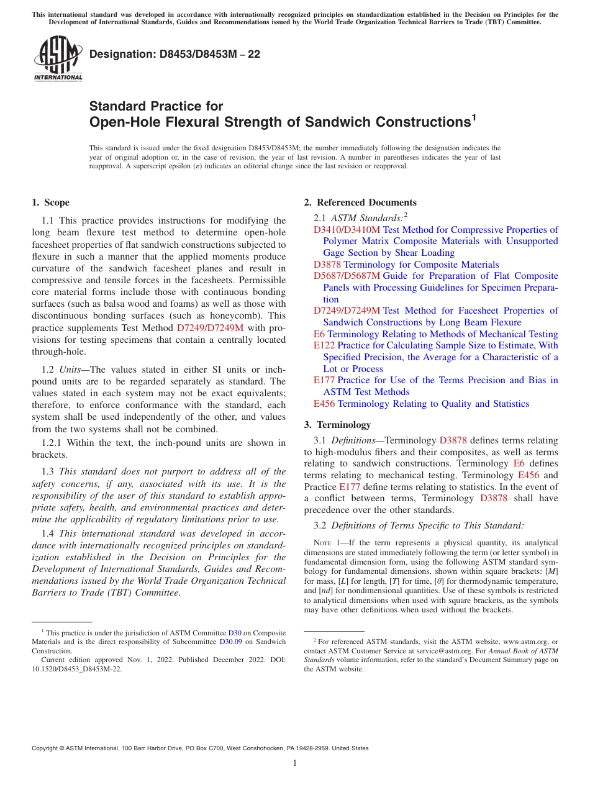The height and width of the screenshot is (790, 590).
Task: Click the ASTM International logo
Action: [58, 59]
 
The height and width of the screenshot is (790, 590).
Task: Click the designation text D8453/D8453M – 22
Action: [175, 55]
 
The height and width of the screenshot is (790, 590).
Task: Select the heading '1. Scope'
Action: [51, 202]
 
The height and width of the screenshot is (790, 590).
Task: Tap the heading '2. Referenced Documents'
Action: [360, 202]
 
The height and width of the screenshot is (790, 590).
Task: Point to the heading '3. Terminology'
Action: [337, 425]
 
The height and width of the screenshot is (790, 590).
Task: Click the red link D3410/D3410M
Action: [347, 230]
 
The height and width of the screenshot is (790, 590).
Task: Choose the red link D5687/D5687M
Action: [347, 276]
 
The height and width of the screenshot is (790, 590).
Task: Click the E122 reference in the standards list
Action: [324, 345]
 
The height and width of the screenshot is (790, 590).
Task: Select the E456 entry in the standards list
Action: [324, 404]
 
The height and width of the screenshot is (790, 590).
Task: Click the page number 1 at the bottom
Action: [295, 763]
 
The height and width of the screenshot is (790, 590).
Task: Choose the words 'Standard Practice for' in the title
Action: [156, 106]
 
